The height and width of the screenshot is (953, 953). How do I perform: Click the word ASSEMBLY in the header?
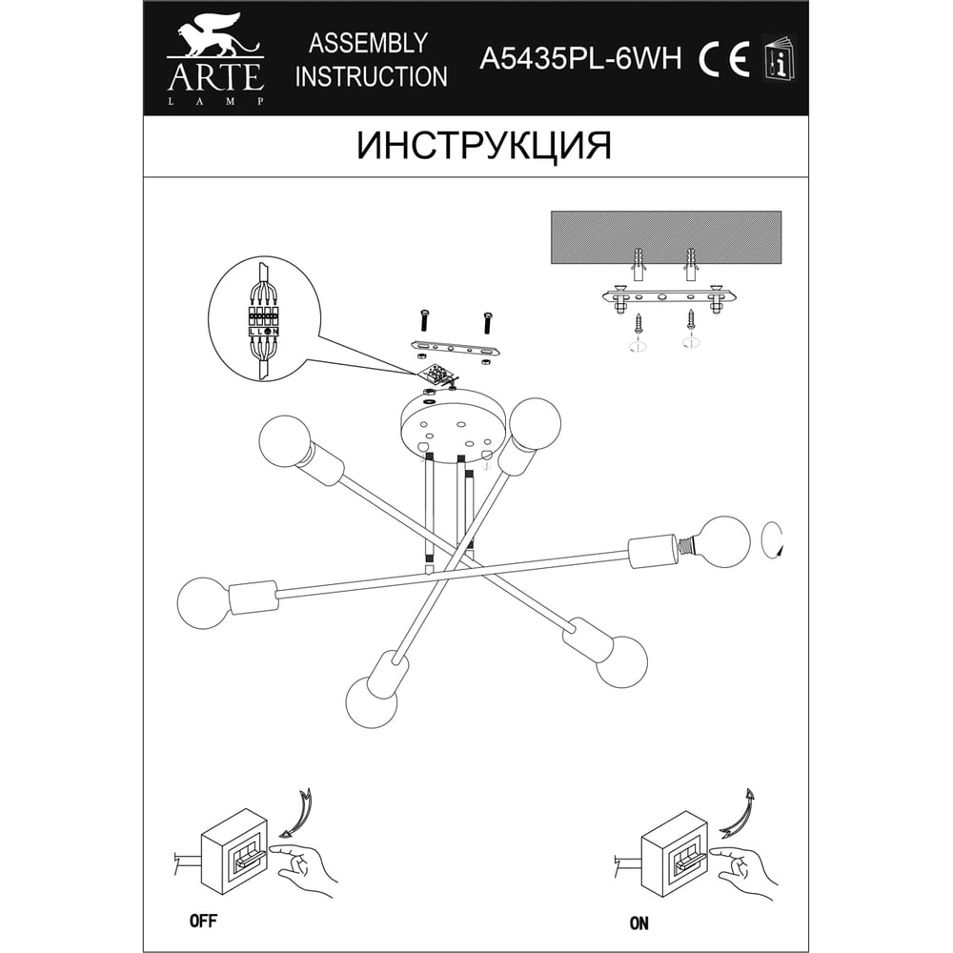368,43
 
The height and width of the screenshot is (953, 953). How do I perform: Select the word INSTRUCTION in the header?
371,77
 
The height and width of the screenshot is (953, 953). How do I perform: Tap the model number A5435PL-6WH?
580,59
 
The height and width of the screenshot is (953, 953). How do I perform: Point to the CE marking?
723,59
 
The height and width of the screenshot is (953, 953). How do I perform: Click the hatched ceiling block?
665,237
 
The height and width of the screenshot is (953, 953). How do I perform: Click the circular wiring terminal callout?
264,319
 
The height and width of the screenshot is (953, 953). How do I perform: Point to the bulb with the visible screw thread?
720,542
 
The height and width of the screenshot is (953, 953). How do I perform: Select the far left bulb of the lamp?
204,602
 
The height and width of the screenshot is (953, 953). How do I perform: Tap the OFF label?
203,921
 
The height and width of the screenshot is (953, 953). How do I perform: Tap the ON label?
639,923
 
